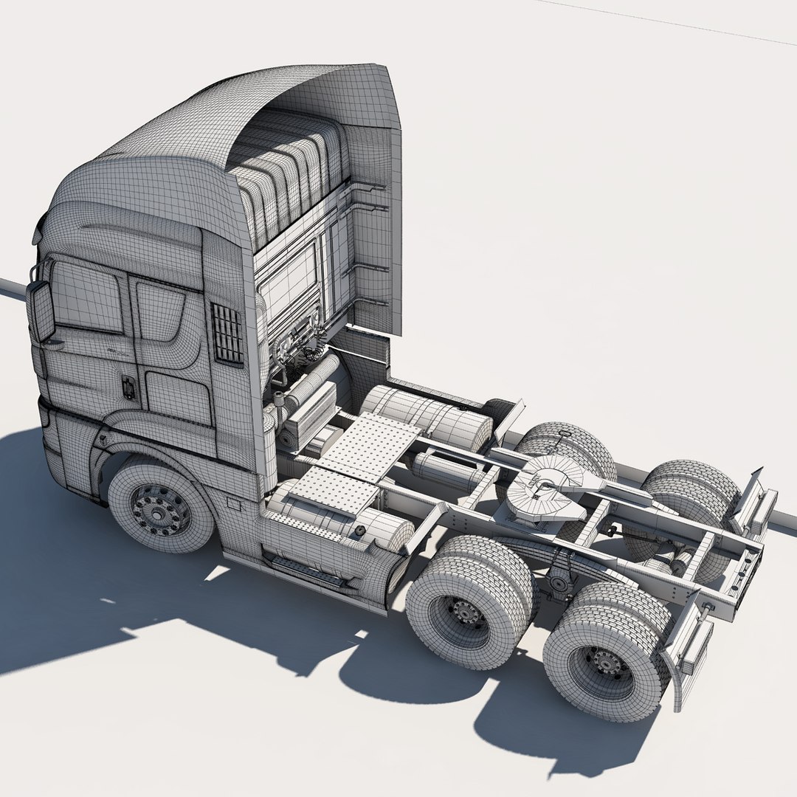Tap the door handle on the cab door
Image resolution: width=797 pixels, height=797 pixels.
coord(128,388)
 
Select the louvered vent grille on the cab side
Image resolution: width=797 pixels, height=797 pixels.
coord(227,334)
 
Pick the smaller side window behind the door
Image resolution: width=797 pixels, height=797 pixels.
coord(161,310)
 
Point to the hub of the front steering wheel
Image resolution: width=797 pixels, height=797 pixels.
coord(157,509)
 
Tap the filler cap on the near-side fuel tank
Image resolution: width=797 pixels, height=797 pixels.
coord(360,531)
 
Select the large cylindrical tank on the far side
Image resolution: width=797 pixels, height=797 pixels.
coord(428,418)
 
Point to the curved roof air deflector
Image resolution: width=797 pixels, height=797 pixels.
coord(244,118)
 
